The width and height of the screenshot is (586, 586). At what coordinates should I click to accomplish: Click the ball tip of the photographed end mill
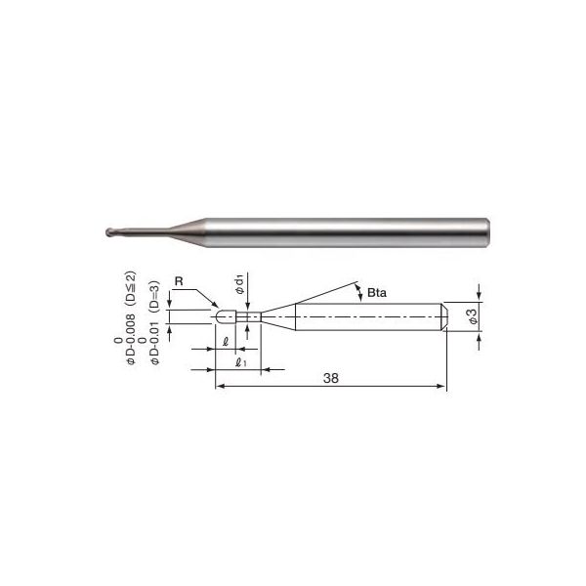tap(109, 232)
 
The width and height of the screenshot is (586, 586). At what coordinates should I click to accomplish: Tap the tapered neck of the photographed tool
tap(187, 232)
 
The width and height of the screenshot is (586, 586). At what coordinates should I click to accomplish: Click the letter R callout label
tap(179, 281)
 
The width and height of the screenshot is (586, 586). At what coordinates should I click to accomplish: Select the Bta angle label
tap(377, 293)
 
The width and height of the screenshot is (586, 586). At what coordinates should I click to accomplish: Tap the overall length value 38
tap(331, 378)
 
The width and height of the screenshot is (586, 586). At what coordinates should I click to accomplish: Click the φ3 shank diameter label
tap(473, 316)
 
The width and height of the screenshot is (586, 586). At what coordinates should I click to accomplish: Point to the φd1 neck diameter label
tap(239, 284)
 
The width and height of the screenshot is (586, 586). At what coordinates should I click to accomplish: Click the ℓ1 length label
tap(240, 362)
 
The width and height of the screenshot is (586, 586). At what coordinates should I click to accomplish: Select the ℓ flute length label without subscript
tap(226, 342)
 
